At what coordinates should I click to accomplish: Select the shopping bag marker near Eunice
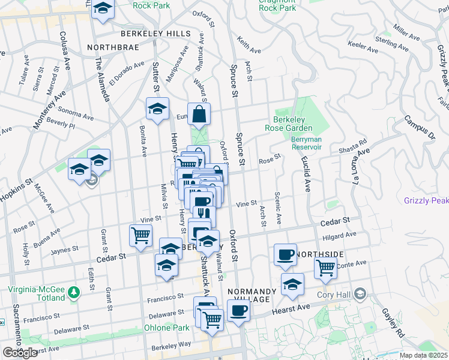coord(199,113)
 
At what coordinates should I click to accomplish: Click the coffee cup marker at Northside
coord(286,254)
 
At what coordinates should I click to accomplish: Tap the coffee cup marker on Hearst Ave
coord(239,311)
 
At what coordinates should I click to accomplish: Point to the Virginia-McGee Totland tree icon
coord(74,292)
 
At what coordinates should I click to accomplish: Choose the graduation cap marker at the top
coord(103,10)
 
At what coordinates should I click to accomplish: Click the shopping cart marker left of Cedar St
coord(140,235)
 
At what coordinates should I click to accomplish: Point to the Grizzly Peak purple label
coord(426,200)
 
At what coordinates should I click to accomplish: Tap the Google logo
coord(20,353)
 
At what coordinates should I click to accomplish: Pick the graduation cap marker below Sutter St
coord(157,109)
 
